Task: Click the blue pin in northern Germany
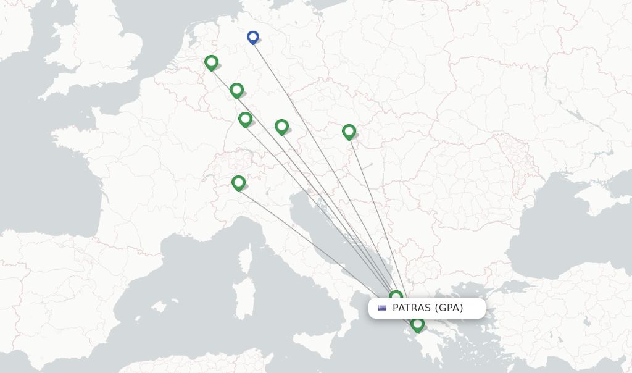pos(252,37)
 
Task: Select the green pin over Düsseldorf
pos(211,62)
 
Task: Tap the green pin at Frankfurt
pos(236,90)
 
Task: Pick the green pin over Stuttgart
pos(245,119)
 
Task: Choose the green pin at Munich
pos(281,127)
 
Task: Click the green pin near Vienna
pos(349,132)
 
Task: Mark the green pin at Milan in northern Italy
pos(238,183)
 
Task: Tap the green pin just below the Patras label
pos(417,324)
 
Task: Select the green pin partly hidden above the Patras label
pos(396,296)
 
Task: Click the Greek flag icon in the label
pos(382,308)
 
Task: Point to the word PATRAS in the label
pos(412,308)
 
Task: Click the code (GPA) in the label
pos(449,308)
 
